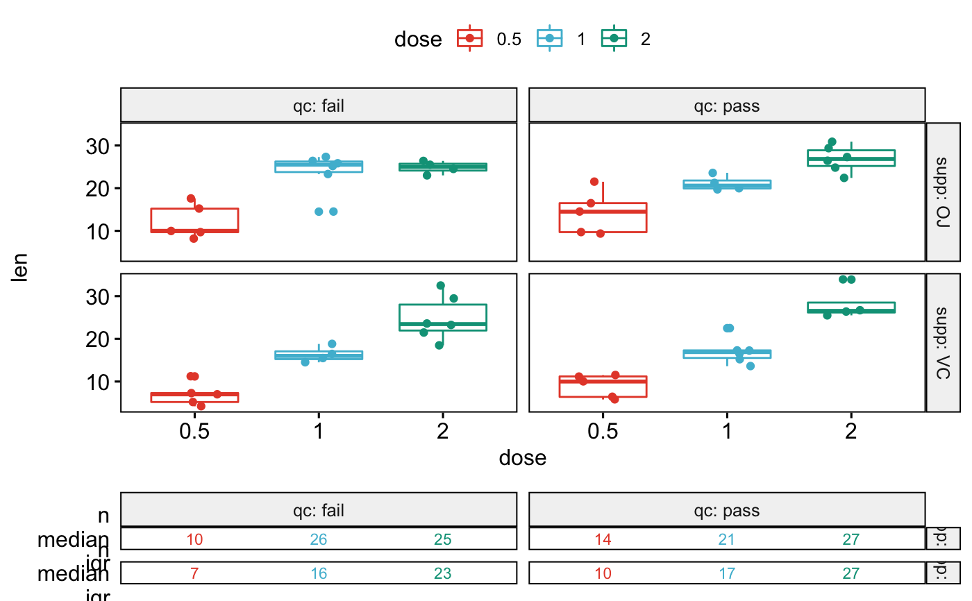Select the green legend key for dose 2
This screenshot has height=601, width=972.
(x=614, y=39)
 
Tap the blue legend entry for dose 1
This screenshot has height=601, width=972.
(x=551, y=39)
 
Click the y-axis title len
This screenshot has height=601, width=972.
(x=20, y=268)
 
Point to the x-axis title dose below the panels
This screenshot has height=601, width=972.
(x=522, y=459)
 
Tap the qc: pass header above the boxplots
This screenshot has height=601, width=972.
(x=726, y=106)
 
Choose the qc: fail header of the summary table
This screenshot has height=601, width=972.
(x=318, y=511)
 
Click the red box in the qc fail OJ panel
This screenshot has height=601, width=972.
(x=194, y=220)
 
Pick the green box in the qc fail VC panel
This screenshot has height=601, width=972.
(x=442, y=317)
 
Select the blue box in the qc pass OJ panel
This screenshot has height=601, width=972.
(x=726, y=184)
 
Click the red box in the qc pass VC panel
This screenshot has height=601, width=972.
(x=603, y=387)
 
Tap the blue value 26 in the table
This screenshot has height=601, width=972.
(x=318, y=539)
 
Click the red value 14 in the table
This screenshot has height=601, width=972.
(x=603, y=539)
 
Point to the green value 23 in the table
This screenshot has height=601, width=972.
(x=442, y=573)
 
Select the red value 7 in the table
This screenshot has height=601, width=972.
(x=194, y=573)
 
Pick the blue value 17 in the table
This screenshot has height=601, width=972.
(x=726, y=573)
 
